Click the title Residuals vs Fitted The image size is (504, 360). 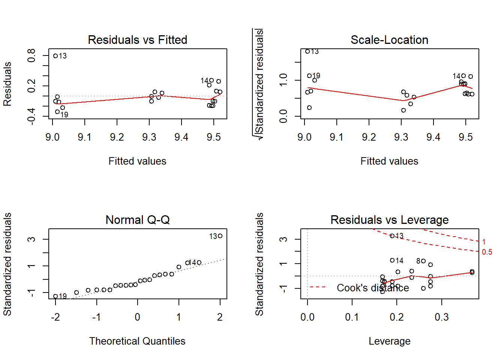(x=137, y=40)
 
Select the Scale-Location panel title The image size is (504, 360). (x=389, y=40)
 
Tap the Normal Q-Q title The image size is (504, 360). (x=137, y=220)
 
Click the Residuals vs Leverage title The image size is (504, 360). (x=389, y=220)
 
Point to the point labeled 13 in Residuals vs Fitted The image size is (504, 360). (x=55, y=56)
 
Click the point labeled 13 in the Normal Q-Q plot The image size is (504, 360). (x=220, y=236)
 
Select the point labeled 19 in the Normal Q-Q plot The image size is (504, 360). (x=55, y=296)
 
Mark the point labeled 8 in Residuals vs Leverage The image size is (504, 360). (x=423, y=261)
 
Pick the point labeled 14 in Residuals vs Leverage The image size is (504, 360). (x=392, y=260)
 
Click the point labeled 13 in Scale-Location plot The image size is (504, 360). (x=307, y=51)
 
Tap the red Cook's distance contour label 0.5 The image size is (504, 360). (x=487, y=252)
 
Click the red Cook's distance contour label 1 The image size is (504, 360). (x=484, y=242)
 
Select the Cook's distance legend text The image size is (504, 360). (x=373, y=288)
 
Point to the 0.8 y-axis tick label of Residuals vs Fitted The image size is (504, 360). (x=31, y=55)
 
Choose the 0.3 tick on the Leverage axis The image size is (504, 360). (x=441, y=317)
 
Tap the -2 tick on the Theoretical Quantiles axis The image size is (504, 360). (x=55, y=317)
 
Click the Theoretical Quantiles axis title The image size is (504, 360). (x=137, y=341)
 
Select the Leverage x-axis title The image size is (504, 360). (x=389, y=341)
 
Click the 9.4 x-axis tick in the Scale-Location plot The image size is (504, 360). (x=433, y=137)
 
